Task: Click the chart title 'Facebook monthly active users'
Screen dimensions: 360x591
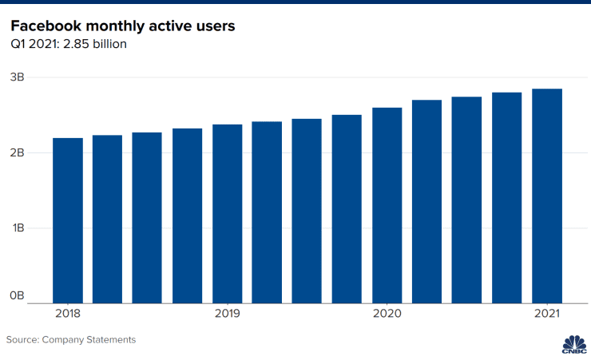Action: point(122,26)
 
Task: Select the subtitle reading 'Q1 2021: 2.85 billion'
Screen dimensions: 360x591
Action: point(69,45)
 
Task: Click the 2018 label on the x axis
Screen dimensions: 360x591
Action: point(68,314)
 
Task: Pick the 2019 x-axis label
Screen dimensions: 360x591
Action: point(228,314)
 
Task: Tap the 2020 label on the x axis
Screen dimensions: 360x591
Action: point(387,314)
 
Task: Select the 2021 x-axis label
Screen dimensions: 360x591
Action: point(547,314)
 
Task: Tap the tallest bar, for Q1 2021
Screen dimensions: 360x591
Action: point(547,196)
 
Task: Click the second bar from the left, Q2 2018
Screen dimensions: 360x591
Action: point(108,220)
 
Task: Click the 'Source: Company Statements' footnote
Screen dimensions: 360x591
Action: point(71,339)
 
